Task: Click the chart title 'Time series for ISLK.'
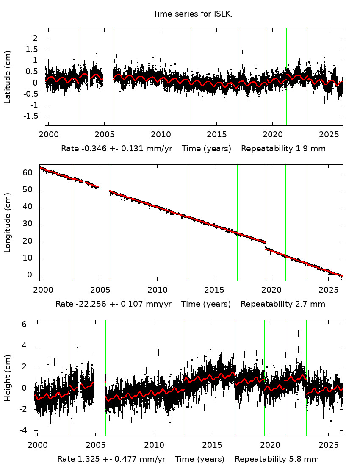[x=193, y=14]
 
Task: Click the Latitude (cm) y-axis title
[x=8, y=77]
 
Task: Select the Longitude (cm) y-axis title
[x=8, y=222]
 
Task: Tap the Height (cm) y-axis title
[x=8, y=377]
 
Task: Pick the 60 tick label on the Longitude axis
[x=28, y=173]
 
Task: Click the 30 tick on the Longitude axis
[x=28, y=224]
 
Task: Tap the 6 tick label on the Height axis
[x=25, y=325]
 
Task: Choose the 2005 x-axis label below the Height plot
[x=95, y=445]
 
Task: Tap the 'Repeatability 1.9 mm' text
[x=283, y=149]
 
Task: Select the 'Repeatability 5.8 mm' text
[x=277, y=459]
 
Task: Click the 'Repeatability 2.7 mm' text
[x=283, y=304]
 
